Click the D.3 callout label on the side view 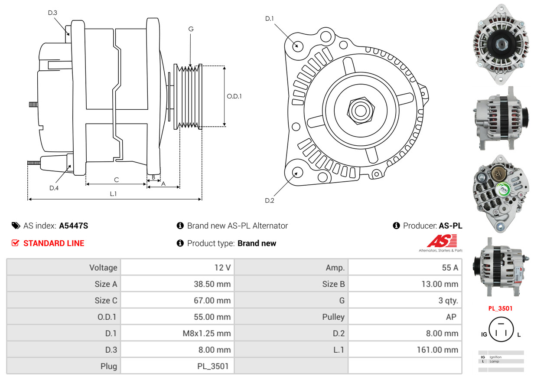click(52, 13)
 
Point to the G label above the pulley click(191, 29)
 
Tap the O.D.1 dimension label click(234, 96)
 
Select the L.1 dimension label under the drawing click(113, 194)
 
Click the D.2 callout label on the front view click(270, 200)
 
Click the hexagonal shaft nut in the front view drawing click(361, 111)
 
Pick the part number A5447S click(73, 226)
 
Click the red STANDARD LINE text click(54, 243)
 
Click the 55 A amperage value click(450, 267)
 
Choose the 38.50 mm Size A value click(212, 284)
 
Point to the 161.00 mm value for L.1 click(437, 350)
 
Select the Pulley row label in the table click(333, 317)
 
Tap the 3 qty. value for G click(448, 300)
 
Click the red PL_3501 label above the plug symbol click(500, 308)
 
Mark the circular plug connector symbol click(501, 329)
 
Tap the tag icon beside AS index click(16, 226)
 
